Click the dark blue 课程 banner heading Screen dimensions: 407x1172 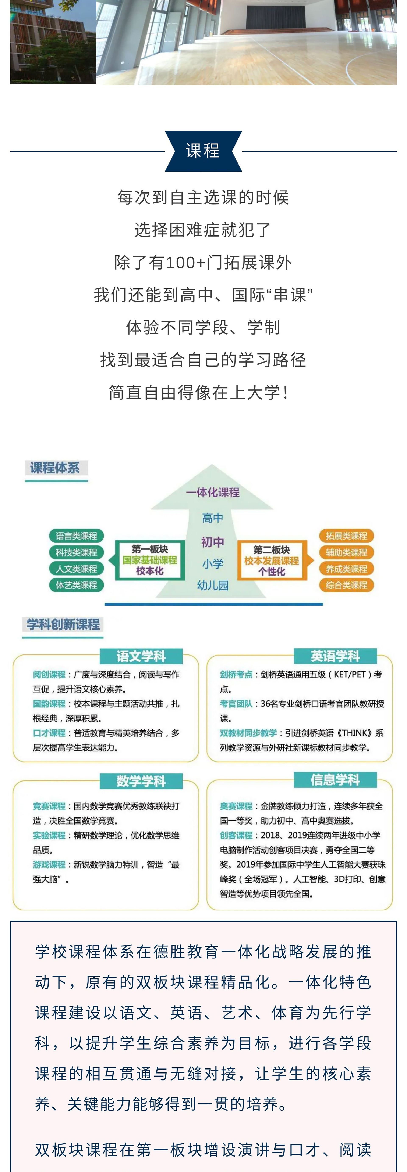[203, 151]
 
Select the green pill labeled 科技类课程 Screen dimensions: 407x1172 [77, 552]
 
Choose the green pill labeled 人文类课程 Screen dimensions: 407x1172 [77, 569]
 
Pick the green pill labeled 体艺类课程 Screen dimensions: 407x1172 [77, 585]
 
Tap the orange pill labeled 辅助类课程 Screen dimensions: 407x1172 [346, 552]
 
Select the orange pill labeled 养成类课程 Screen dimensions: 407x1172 [346, 569]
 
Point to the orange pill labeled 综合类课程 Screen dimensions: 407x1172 [346, 585]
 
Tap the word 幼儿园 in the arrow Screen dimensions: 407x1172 [213, 585]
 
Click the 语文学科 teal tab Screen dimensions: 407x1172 [141, 656]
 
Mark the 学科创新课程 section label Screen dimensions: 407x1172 [63, 625]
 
